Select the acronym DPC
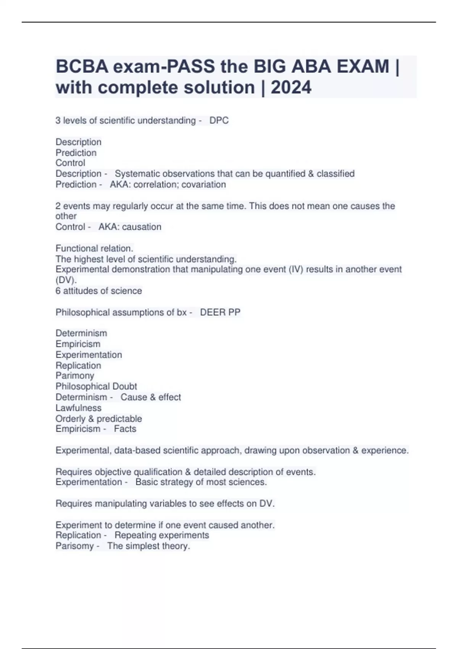coord(219,121)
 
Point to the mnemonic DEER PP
coord(220,312)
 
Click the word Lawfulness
coord(78,408)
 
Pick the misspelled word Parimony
coord(75,376)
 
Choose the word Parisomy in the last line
coord(74,546)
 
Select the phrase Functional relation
coord(94,248)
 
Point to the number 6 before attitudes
coord(58,291)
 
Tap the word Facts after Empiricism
coord(125,429)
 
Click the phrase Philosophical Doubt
coord(96,386)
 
